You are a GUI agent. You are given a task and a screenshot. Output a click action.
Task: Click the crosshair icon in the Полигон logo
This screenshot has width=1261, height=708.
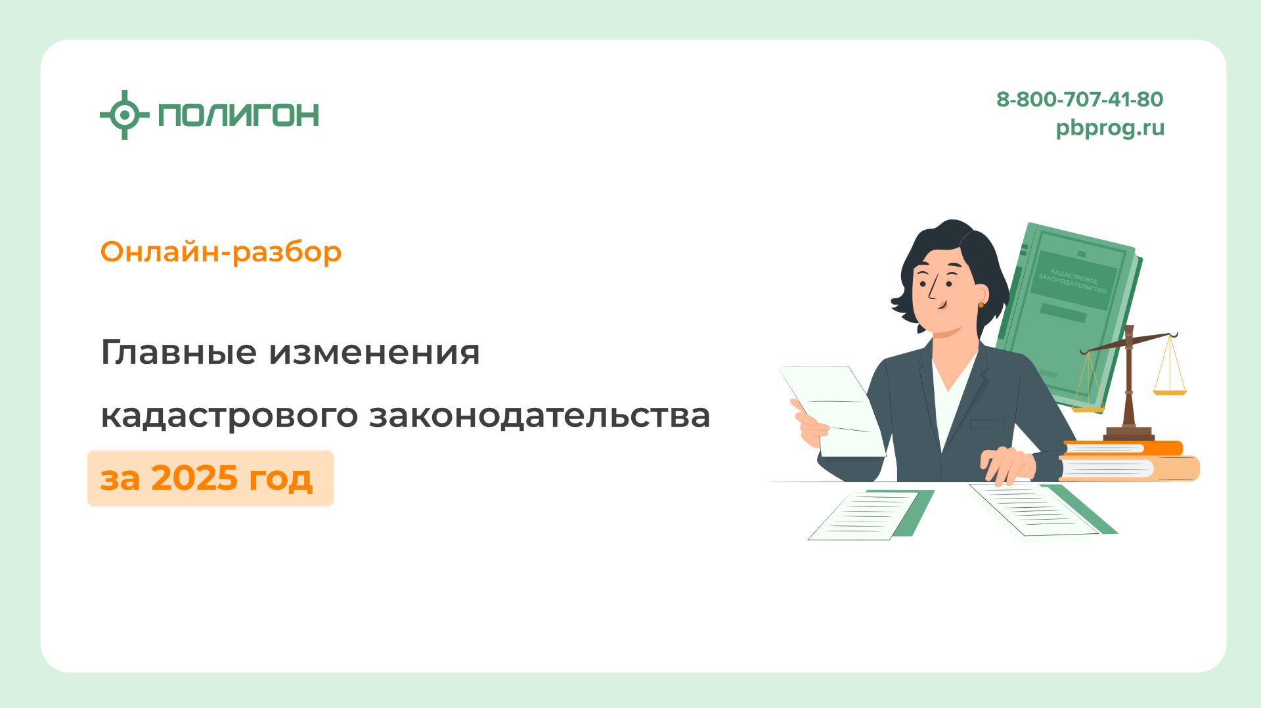point(124,115)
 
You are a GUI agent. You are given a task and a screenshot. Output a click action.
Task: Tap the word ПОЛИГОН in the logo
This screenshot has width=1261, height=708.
point(238,115)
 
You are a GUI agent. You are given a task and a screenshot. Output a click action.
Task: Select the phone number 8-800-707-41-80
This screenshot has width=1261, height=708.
point(1079,99)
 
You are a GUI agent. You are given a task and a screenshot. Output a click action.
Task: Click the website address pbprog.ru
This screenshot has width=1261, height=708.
point(1109,127)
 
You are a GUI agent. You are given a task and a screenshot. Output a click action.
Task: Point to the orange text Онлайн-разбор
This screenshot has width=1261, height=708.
point(221,252)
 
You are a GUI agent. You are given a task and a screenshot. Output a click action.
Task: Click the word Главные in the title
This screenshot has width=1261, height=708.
point(178,352)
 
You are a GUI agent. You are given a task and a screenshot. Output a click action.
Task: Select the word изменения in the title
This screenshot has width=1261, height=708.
point(374,352)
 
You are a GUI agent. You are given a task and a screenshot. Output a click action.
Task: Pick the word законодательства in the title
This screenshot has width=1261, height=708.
point(539,415)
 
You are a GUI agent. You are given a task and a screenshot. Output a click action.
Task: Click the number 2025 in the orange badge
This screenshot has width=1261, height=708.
point(194,477)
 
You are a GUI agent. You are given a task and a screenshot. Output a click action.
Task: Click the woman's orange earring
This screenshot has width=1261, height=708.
point(981,304)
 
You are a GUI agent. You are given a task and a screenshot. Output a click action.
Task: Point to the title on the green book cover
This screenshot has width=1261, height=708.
point(1072,280)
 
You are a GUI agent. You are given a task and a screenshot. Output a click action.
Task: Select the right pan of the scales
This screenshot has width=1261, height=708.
point(1170,392)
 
